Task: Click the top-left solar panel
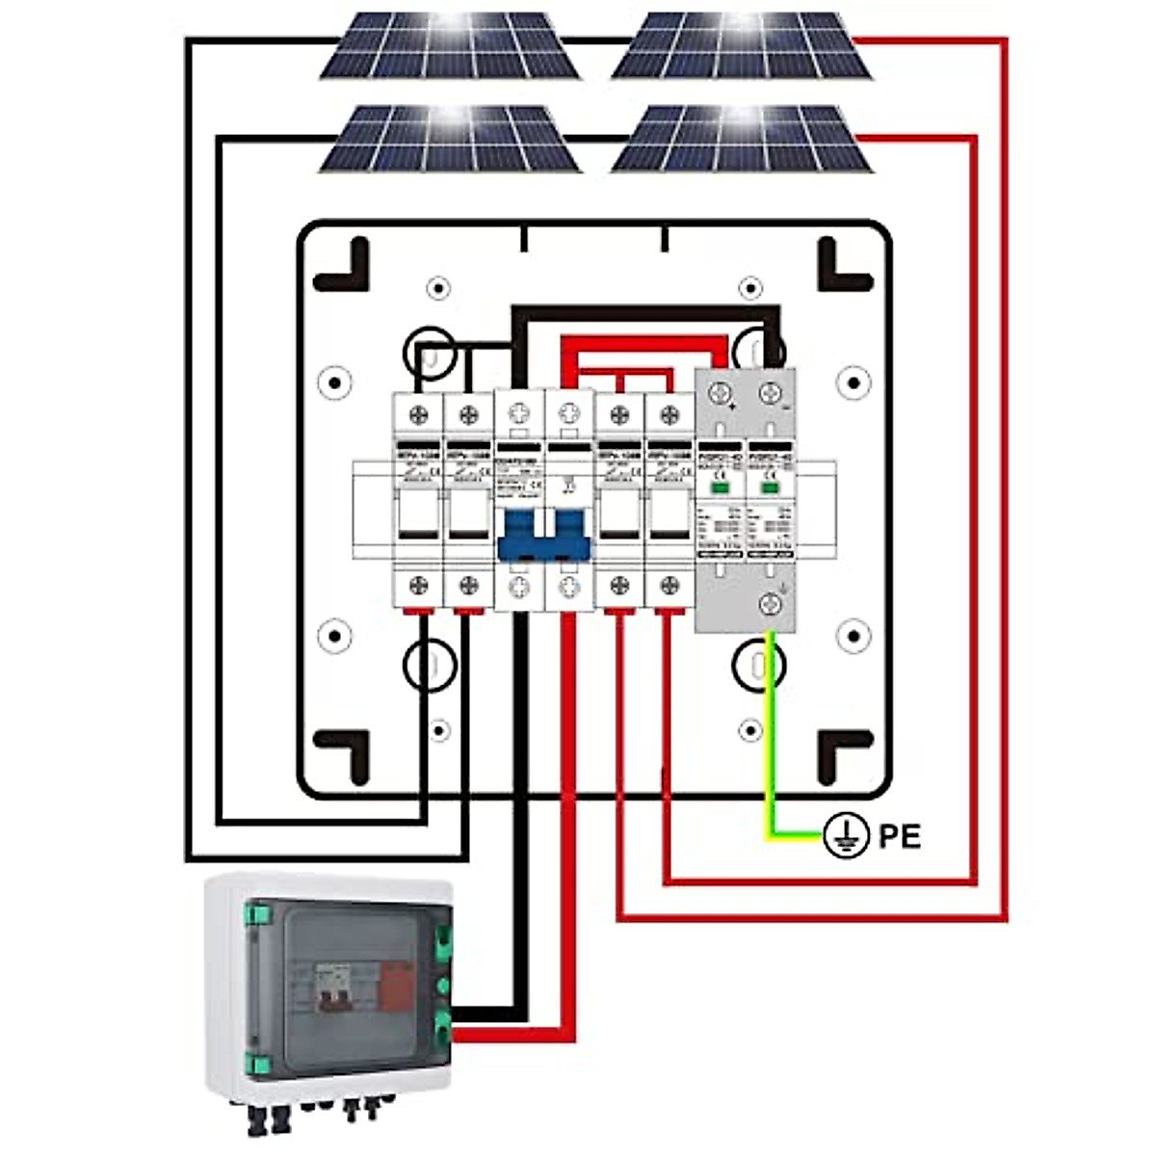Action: click(x=450, y=46)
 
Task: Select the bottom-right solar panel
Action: click(x=741, y=140)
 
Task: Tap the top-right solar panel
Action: click(x=741, y=46)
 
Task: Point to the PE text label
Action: click(x=899, y=835)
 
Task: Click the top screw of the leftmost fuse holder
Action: click(x=419, y=415)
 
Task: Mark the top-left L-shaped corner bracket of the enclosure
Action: click(x=342, y=265)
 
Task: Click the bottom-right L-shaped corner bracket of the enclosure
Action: click(x=844, y=756)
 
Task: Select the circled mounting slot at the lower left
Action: click(x=428, y=665)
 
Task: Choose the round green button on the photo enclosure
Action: click(x=443, y=985)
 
